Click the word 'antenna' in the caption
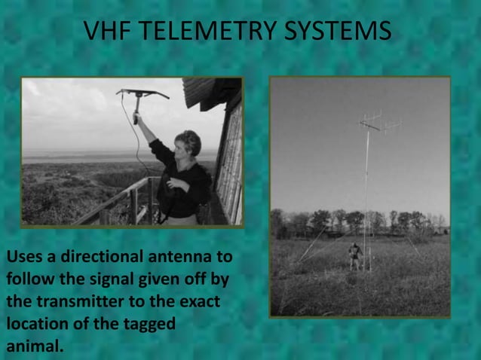(180, 258)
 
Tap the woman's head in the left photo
(187, 143)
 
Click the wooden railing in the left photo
(113, 200)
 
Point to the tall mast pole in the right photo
(366, 196)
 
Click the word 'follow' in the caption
(31, 280)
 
